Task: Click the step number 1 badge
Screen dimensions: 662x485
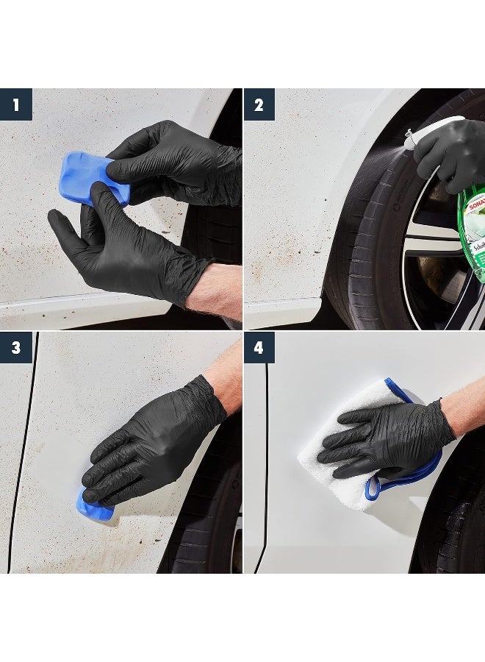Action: (x=15, y=104)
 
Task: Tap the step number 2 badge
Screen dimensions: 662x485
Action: (x=259, y=104)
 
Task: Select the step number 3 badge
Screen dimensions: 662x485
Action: (x=15, y=347)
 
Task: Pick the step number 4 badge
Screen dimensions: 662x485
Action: (x=259, y=347)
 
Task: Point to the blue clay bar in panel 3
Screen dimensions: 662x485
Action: (x=93, y=507)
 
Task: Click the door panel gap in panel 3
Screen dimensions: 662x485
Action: (x=22, y=456)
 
